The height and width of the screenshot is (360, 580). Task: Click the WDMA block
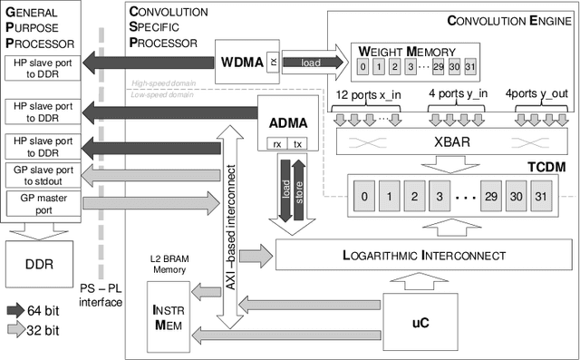(240, 62)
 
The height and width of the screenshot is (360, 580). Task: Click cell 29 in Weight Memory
(439, 67)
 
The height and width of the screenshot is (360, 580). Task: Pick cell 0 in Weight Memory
(362, 67)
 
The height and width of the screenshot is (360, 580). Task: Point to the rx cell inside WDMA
(272, 62)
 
